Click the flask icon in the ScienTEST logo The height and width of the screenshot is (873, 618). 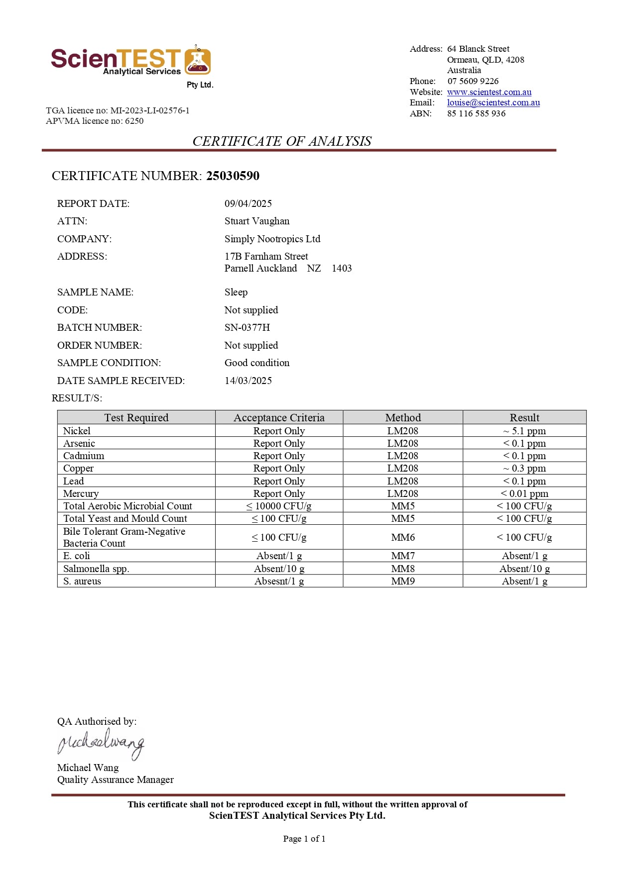(x=198, y=61)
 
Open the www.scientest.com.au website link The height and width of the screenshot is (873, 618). (x=489, y=92)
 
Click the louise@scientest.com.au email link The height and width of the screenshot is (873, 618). (x=493, y=102)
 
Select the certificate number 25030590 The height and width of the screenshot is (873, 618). (x=233, y=176)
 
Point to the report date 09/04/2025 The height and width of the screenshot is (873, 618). (x=248, y=203)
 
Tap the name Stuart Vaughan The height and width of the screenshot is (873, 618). (x=256, y=221)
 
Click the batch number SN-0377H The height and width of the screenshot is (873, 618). (x=247, y=327)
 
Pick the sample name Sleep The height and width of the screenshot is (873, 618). (x=236, y=292)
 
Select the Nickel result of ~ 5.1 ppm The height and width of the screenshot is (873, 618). (x=524, y=431)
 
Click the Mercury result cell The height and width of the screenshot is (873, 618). (x=524, y=493)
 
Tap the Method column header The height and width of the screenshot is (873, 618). (x=402, y=417)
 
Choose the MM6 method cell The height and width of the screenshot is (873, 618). (x=402, y=537)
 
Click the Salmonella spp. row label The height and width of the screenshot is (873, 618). (x=96, y=569)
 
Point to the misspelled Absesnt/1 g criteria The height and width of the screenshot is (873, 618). (x=279, y=581)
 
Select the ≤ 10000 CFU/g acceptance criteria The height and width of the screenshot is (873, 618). (x=279, y=506)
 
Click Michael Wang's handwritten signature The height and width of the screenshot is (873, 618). (x=101, y=744)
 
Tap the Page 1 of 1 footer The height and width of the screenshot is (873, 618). (x=304, y=839)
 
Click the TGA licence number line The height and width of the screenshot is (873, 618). (x=118, y=110)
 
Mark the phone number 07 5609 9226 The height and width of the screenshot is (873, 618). (x=473, y=81)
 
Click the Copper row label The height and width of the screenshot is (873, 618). (x=78, y=468)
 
